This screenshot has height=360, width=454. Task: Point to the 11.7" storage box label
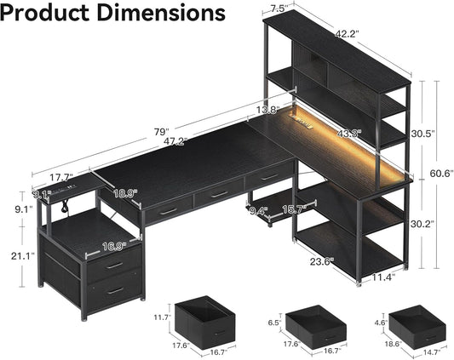click(163, 317)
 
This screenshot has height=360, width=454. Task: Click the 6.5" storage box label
click(274, 323)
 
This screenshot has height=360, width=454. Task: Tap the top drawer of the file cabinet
click(113, 265)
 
